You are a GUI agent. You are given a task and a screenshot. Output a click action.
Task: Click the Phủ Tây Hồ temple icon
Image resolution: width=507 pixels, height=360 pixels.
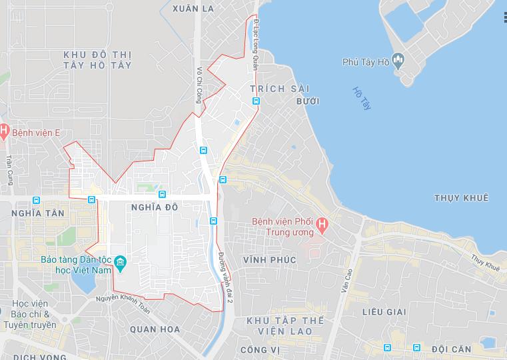coord(398,62)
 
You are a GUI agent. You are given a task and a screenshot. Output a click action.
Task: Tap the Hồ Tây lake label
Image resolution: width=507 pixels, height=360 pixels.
coord(360,99)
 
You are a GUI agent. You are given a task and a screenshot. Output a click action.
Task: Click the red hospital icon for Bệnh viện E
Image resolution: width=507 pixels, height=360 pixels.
coord(4,132)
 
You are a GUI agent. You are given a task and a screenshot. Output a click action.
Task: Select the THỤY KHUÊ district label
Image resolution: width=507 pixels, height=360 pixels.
coord(461,198)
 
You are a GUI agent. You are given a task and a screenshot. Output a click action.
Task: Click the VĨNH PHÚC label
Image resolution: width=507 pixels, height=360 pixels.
coord(268,259)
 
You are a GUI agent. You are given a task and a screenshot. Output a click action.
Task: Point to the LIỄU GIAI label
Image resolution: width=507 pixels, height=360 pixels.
coord(384,311)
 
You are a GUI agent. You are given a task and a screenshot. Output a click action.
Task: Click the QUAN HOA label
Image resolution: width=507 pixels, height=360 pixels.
coord(155,329)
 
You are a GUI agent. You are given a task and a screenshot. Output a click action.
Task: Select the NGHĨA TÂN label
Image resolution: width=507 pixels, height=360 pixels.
coord(38,213)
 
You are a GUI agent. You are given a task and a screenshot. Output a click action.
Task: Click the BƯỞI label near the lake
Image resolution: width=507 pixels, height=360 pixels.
coord(309,101)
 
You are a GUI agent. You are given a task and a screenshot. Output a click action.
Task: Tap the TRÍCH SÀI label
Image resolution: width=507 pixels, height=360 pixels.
coord(276,88)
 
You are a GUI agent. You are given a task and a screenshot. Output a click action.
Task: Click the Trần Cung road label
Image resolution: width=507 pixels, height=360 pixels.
coord(10,170)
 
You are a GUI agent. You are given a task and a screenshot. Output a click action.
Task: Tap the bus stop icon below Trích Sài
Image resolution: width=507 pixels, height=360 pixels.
coord(256,101)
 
